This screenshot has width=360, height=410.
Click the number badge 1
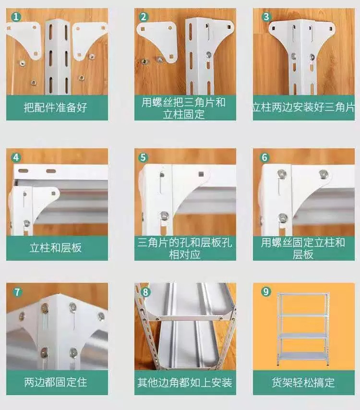[x=16, y=17]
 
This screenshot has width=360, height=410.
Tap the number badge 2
[x=144, y=17]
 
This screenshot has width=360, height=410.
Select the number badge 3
[x=266, y=17]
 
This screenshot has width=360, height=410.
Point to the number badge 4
[x=16, y=157]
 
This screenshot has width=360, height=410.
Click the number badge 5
[x=143, y=157]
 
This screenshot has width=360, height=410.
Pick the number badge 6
[x=264, y=157]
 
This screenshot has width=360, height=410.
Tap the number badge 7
[x=17, y=292]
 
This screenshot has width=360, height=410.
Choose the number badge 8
[x=145, y=292]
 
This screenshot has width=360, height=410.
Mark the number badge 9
[x=266, y=291]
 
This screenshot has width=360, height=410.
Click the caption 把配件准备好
[x=55, y=108]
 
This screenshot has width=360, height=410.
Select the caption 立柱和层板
[x=55, y=248]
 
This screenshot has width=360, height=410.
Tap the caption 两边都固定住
[x=55, y=382]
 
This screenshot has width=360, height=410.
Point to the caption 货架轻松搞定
[x=303, y=382]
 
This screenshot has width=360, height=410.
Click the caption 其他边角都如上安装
[x=185, y=383]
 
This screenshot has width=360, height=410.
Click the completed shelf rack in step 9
[x=303, y=330]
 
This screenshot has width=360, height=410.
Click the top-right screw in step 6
[x=324, y=174]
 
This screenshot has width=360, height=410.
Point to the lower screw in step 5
[x=164, y=216]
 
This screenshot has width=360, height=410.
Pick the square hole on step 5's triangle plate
[x=201, y=174]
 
